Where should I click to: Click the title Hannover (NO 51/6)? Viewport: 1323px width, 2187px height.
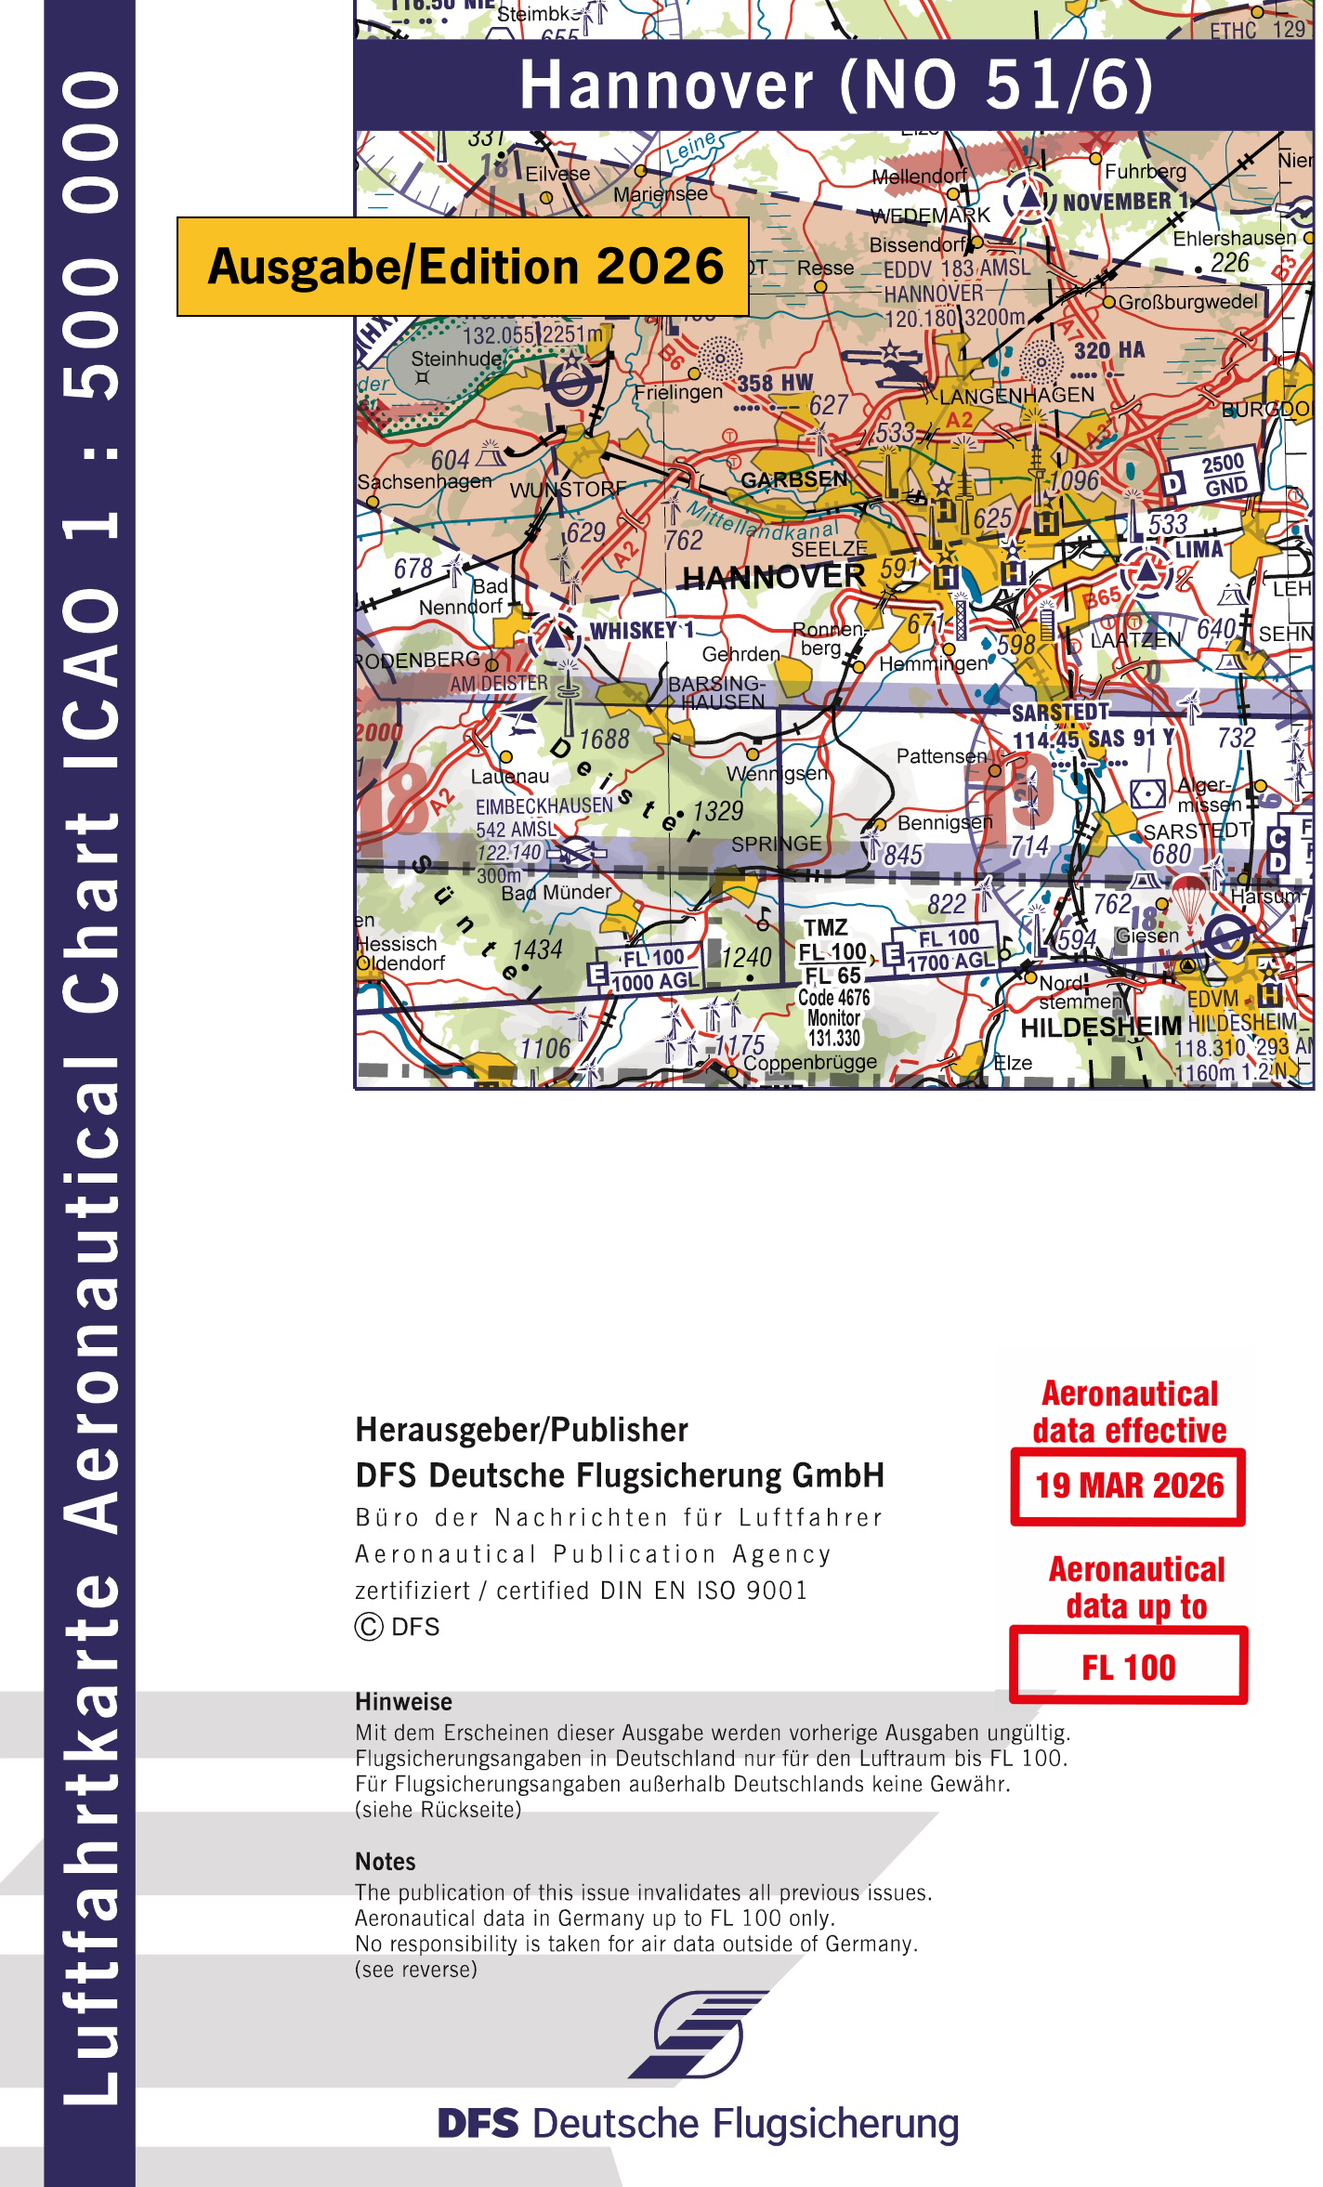[835, 85]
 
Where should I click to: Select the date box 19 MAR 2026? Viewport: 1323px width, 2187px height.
[1129, 1486]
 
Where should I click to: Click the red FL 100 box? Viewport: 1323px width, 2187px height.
[1129, 1668]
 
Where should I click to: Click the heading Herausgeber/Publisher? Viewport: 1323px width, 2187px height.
[521, 1430]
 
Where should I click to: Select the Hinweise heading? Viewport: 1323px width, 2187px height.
[403, 1701]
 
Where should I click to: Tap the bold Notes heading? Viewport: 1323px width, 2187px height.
[385, 1861]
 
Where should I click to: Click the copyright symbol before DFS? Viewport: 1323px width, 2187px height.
[369, 1627]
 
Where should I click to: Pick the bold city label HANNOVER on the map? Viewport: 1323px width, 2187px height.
[774, 578]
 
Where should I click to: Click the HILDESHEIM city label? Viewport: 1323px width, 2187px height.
[1101, 1027]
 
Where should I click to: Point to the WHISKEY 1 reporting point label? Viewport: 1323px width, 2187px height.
[642, 631]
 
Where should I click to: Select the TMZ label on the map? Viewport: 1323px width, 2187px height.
[825, 927]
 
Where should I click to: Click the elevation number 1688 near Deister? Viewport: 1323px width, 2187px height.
[604, 740]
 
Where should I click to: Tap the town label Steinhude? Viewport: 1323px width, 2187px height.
[456, 359]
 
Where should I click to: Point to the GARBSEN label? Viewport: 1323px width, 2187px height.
[794, 479]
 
